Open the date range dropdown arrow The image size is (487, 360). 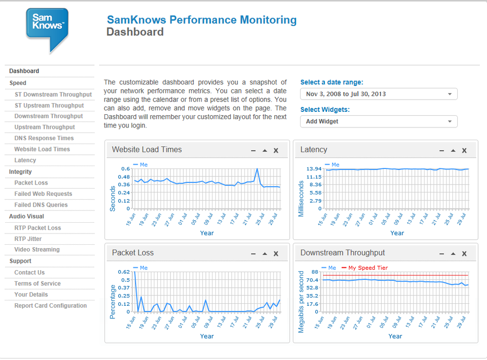449,94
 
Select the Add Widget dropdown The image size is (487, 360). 379,122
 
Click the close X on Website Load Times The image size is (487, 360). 276,150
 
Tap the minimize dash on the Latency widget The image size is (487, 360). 442,151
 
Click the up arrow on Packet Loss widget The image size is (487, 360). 264,254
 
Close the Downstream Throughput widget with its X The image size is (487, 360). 464,254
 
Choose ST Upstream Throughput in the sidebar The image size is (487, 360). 49,106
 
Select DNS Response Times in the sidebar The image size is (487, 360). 44,138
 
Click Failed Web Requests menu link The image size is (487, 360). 43,194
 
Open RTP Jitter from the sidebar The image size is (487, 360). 28,239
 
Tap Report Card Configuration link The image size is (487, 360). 51,306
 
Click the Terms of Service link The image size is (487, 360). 38,283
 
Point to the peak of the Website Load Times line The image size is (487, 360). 257,169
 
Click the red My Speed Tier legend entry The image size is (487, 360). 365,268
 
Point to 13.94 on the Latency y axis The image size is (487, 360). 314,169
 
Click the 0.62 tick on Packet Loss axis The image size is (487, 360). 123,272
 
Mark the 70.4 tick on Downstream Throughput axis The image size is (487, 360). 312,280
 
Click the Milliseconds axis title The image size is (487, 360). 301,199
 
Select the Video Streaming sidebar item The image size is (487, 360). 37,249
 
